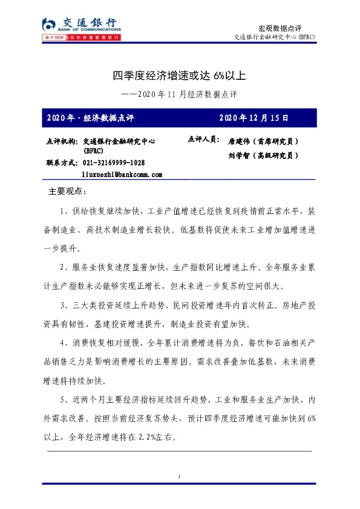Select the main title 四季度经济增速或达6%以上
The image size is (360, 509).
click(179, 76)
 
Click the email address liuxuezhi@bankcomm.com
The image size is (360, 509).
click(122, 174)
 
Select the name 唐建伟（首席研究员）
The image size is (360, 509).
click(263, 141)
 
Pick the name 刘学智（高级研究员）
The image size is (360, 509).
click(263, 155)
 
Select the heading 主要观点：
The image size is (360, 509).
click(68, 192)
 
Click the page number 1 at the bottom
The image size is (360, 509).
click(180, 478)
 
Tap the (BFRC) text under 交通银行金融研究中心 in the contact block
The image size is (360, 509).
click(93, 151)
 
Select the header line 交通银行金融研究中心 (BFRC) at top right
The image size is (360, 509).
click(275, 37)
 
